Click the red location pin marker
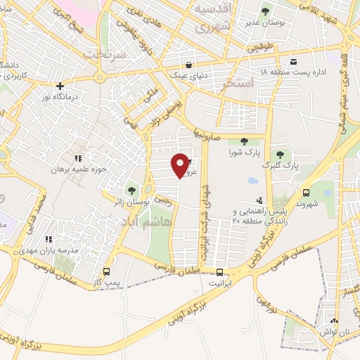coord(181,165)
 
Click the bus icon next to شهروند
coord(305,193)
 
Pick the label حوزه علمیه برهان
coord(77,169)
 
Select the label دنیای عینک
coord(187,73)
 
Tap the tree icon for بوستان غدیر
coord(265,12)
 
